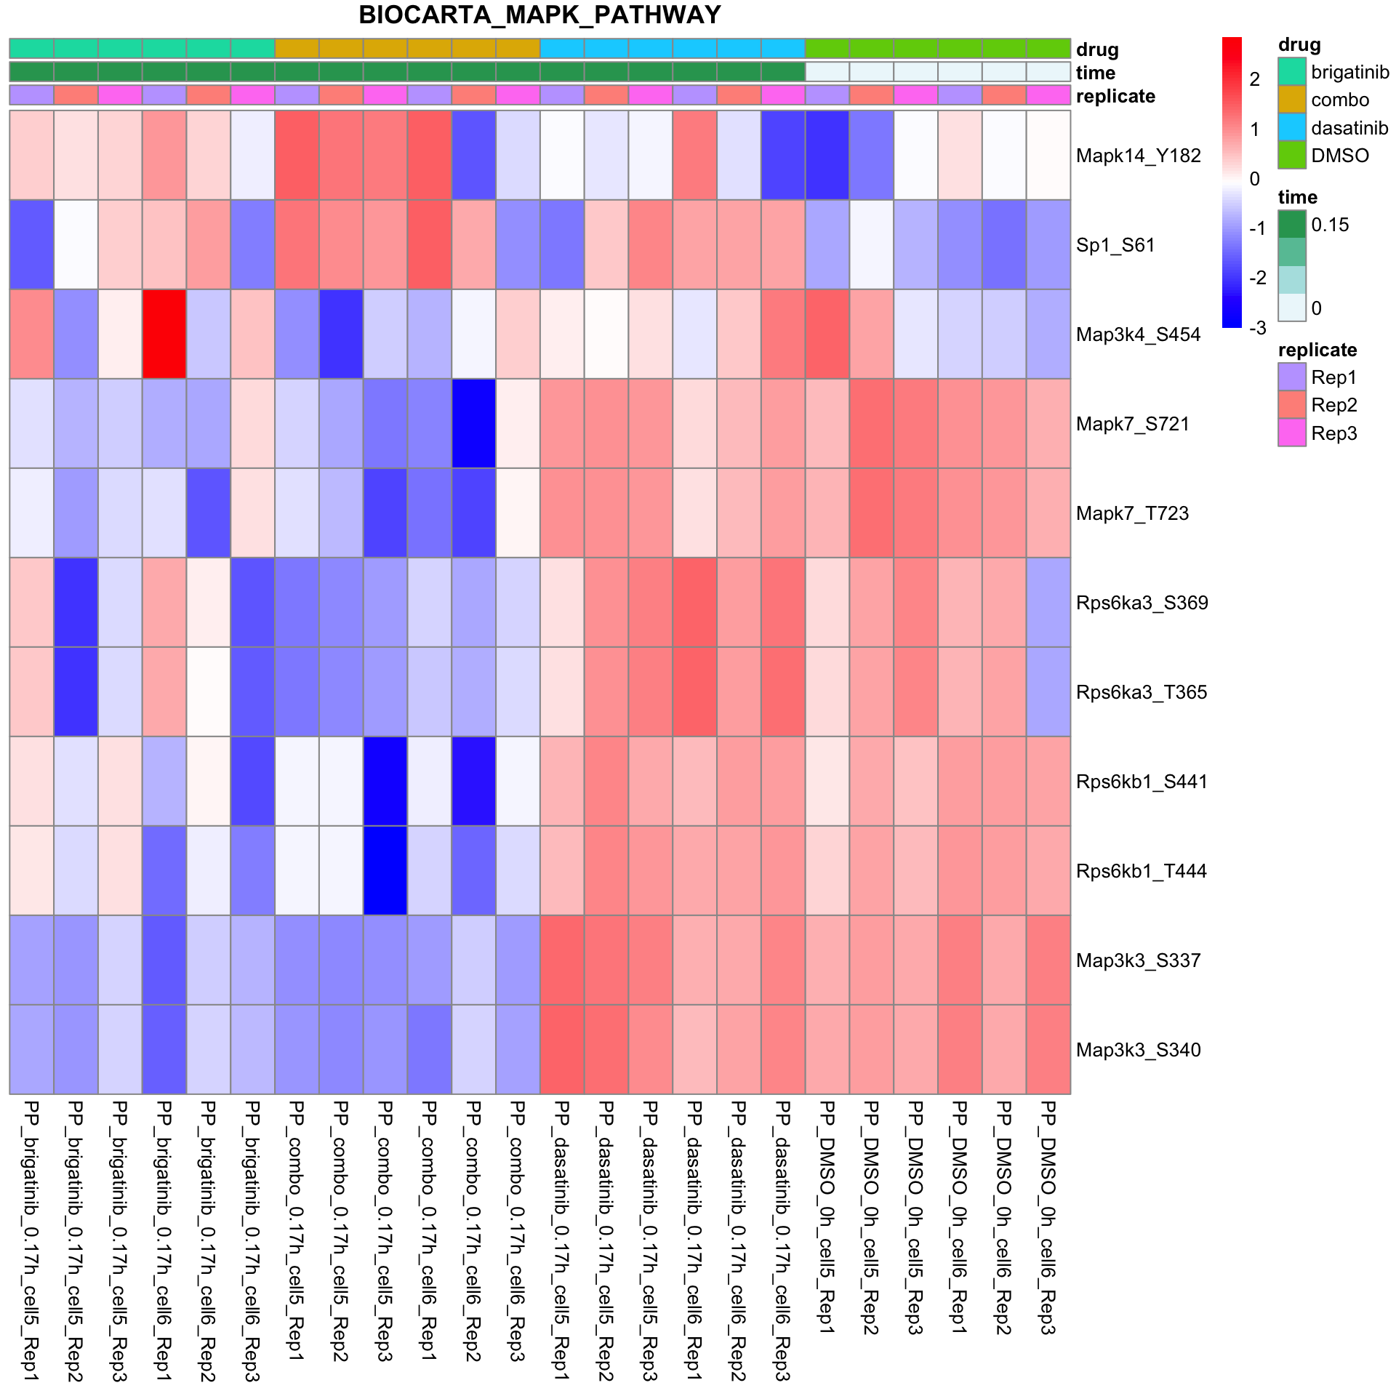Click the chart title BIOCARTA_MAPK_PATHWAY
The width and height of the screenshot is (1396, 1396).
[539, 15]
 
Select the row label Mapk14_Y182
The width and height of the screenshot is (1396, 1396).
[1138, 156]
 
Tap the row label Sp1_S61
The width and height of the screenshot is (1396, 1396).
[1115, 245]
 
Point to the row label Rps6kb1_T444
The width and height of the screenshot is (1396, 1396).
[1141, 871]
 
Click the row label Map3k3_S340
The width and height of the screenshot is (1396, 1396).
[1138, 1050]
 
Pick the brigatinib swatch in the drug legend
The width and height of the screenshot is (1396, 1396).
[1292, 72]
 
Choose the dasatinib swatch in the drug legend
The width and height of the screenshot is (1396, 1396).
[1292, 128]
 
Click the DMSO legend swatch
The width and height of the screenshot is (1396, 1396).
[1292, 156]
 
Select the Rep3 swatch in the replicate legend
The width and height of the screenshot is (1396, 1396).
[1292, 433]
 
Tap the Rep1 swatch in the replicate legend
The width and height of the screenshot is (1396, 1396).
[1292, 377]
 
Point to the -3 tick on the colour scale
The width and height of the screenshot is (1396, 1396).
[1257, 328]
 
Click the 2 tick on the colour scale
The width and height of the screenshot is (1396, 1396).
[1255, 79]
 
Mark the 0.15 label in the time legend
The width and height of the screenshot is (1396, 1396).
[1330, 225]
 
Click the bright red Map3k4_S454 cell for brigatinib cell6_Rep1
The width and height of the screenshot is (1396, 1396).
[164, 334]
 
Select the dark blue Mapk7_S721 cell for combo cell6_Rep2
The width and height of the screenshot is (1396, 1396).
[473, 424]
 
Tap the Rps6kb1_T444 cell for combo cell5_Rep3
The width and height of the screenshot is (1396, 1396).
[385, 871]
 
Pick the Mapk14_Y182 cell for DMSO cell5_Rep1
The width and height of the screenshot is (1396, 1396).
[827, 156]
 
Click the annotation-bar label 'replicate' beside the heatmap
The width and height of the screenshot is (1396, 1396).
[1115, 97]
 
